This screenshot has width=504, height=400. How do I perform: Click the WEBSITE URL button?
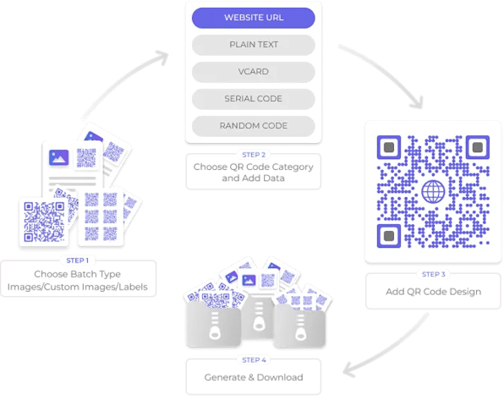[x=254, y=17]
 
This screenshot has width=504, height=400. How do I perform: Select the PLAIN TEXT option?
[x=254, y=44]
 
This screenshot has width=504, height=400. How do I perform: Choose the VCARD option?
[x=254, y=71]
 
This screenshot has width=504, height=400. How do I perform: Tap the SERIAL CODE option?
[x=254, y=98]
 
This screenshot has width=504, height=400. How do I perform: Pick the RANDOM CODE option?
[x=254, y=125]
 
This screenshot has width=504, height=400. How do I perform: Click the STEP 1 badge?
[x=79, y=260]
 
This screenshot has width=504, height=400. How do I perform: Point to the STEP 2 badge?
[x=254, y=155]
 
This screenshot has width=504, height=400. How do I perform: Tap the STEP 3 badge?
[x=431, y=274]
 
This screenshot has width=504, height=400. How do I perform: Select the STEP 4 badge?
[x=254, y=360]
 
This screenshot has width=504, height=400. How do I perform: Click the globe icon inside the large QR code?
[x=432, y=190]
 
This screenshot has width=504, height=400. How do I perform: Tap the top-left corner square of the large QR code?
[x=387, y=147]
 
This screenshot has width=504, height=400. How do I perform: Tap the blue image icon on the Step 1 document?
[x=59, y=156]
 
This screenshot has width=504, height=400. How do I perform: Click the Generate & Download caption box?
[x=254, y=375]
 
